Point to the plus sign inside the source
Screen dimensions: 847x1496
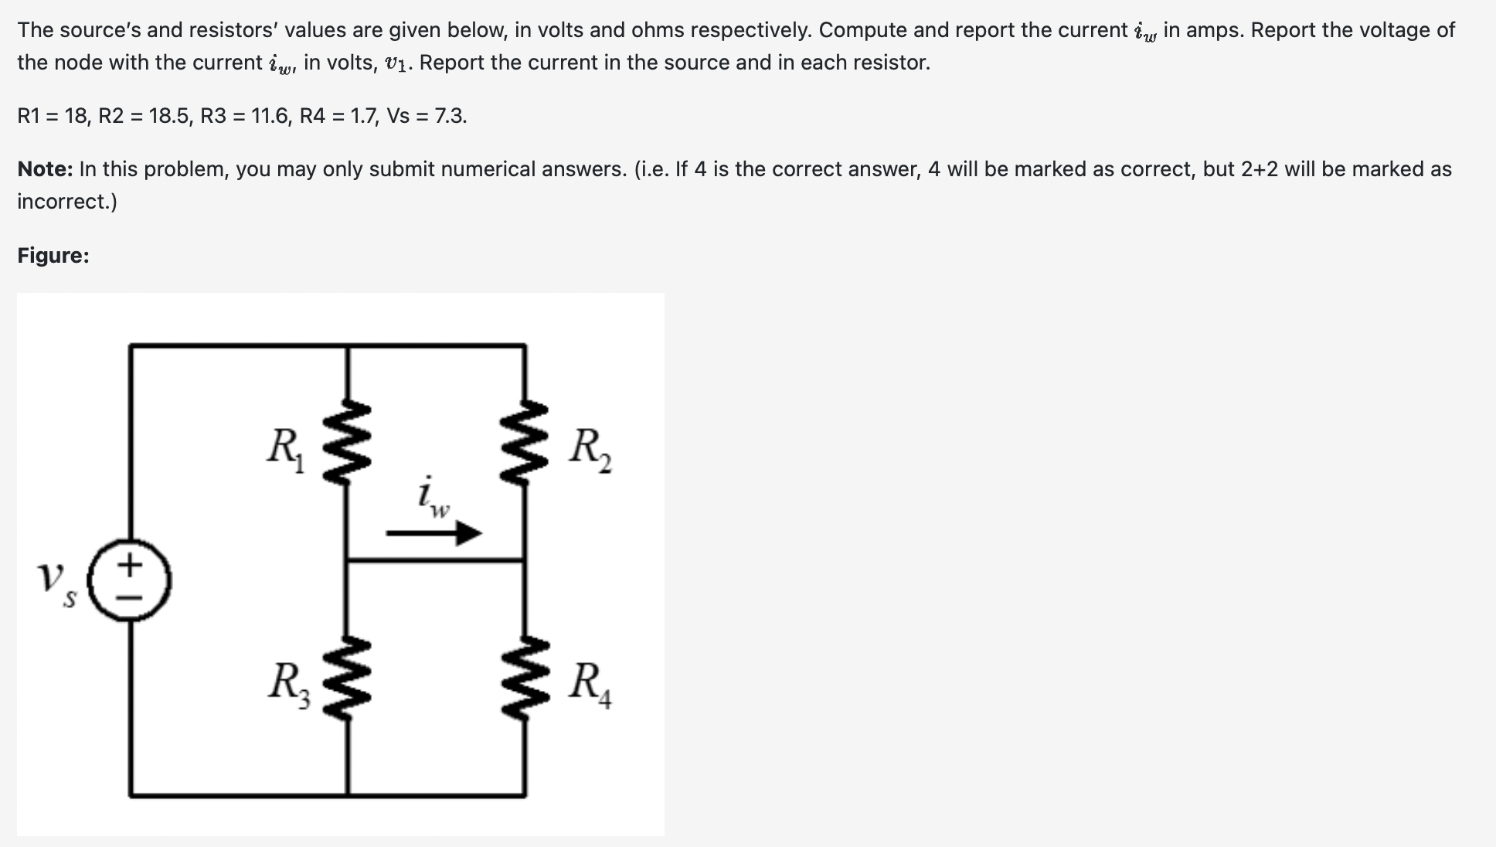(130, 565)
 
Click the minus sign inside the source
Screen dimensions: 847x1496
(130, 599)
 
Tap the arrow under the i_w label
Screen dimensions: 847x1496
(434, 533)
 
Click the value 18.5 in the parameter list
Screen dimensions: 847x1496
(169, 117)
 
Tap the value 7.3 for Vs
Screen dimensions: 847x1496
(450, 117)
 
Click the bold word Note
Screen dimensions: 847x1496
(45, 169)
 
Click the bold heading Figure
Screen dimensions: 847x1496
(53, 256)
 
